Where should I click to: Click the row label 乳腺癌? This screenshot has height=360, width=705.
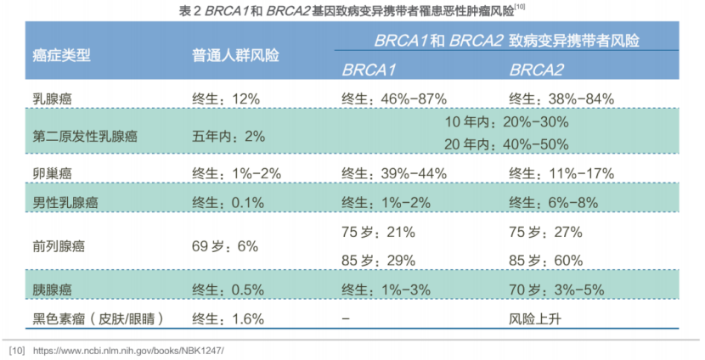pyautogui.click(x=52, y=98)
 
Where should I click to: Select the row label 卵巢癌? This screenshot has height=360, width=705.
pyautogui.click(x=52, y=172)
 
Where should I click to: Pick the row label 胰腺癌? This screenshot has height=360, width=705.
pyautogui.click(x=52, y=290)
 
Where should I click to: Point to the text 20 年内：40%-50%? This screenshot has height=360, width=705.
pyautogui.click(x=506, y=143)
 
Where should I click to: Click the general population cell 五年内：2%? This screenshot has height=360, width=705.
pyautogui.click(x=228, y=135)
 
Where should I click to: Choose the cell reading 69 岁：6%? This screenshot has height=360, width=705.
pyautogui.click(x=224, y=246)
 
